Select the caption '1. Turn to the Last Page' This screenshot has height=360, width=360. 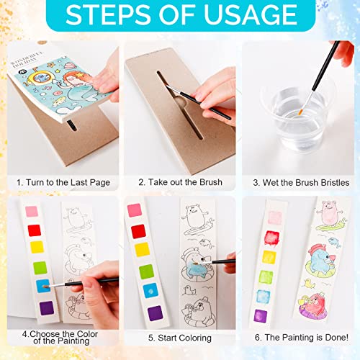click(63, 182)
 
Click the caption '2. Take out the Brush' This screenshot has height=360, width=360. click(180, 182)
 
